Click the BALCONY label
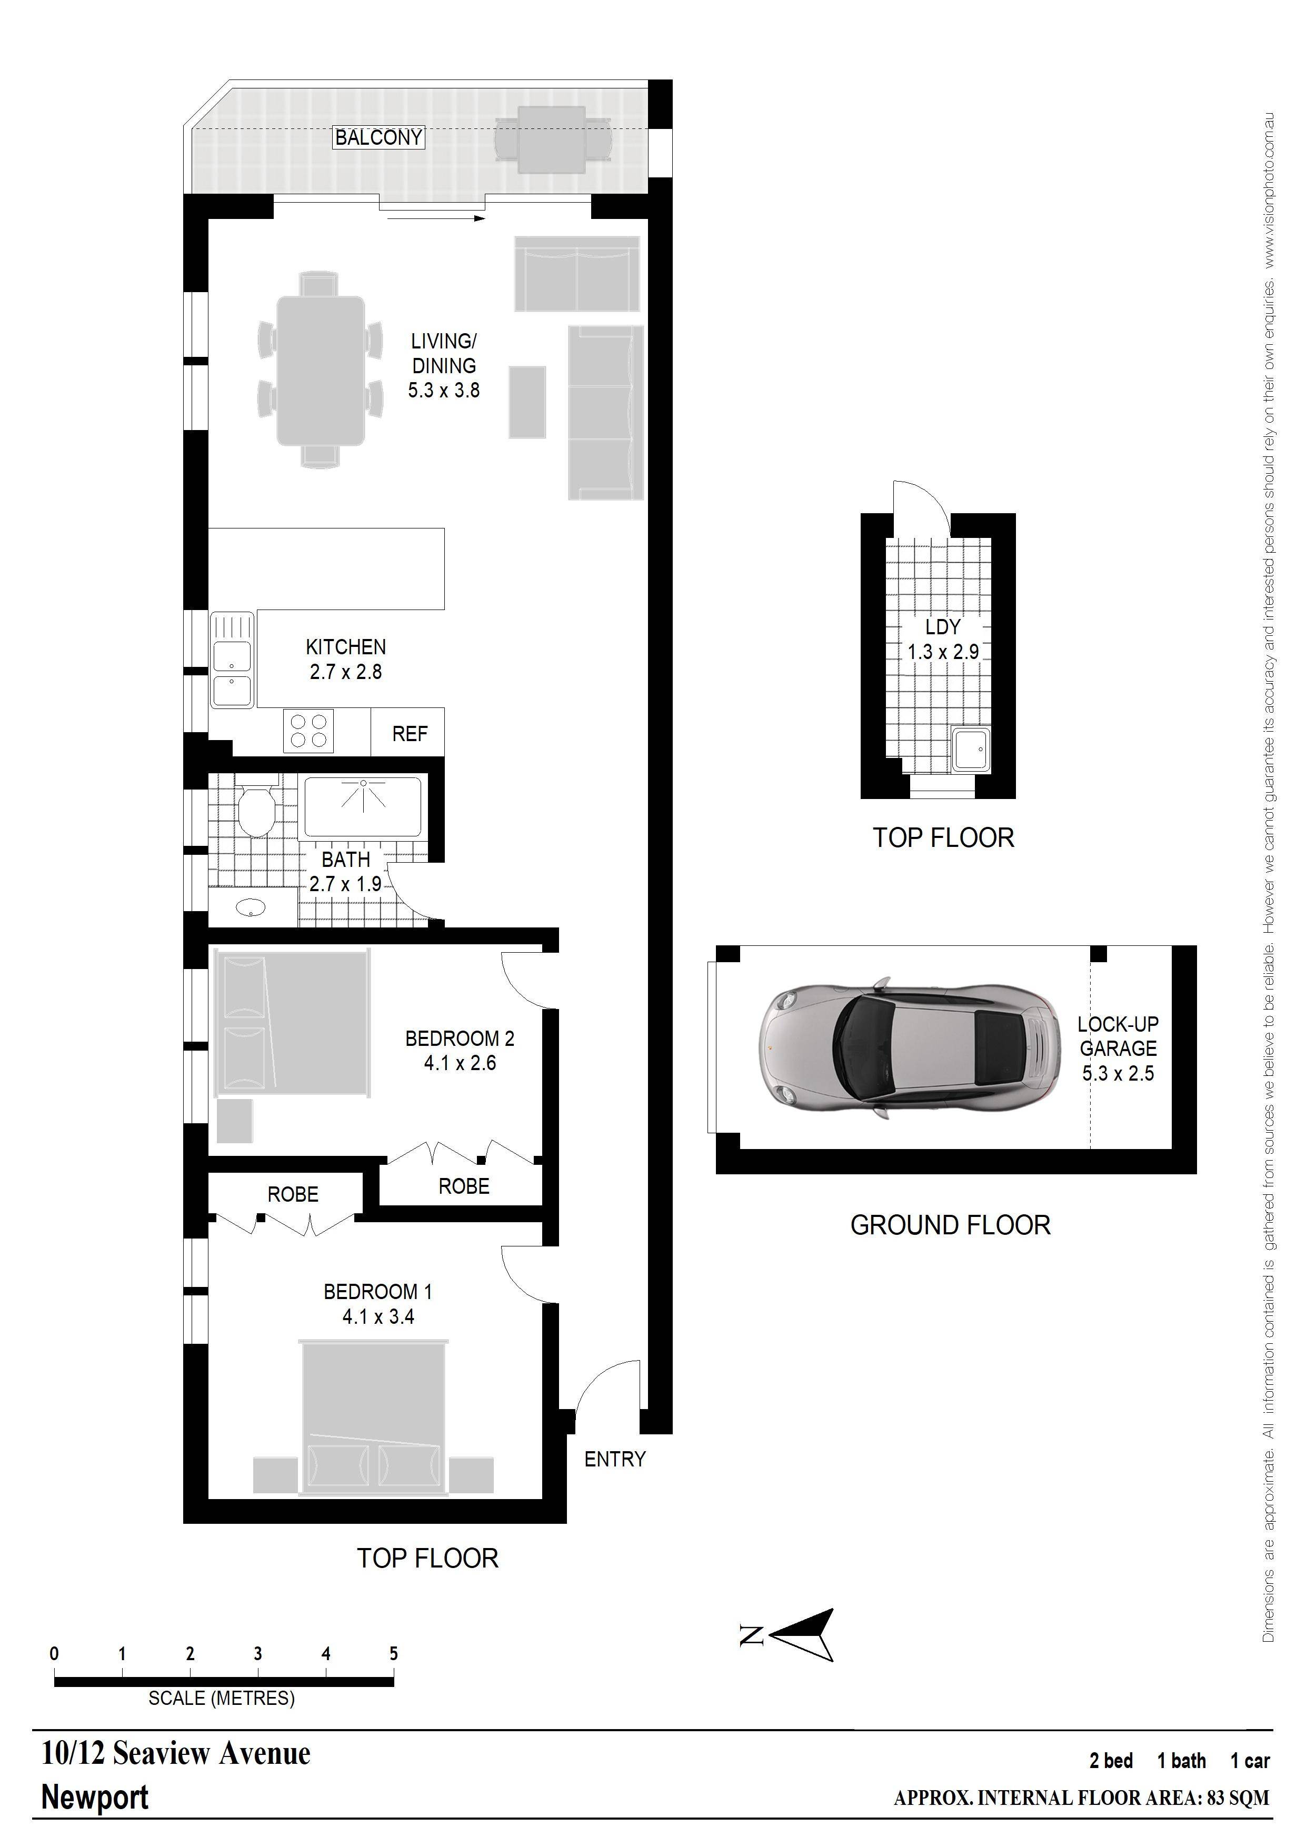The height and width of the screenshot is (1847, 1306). click(378, 137)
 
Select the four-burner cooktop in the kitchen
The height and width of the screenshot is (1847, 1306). click(308, 731)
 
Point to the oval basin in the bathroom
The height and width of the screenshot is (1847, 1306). click(251, 908)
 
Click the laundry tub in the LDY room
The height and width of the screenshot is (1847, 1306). click(971, 749)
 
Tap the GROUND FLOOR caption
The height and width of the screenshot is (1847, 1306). click(950, 1225)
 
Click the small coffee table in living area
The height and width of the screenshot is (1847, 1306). click(527, 402)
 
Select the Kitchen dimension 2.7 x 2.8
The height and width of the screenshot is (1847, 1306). click(346, 672)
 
